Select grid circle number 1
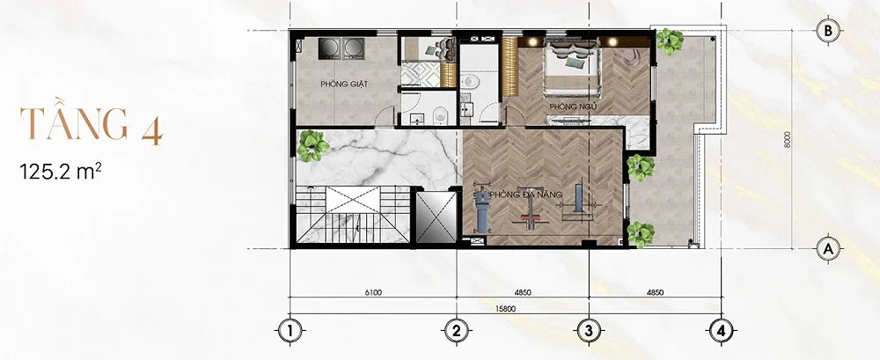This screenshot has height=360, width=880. pos(289,331)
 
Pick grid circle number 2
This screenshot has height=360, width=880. pos(456,331)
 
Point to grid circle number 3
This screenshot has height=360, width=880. pos(589,331)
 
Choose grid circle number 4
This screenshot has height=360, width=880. pos(722,331)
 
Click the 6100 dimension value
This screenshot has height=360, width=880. pos(373,292)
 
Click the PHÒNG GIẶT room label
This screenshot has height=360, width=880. pos(344,84)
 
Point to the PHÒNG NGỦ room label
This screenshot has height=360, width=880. pos(573,107)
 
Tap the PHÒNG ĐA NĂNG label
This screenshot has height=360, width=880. pos(526,195)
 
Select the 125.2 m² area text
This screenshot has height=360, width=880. pos(61,171)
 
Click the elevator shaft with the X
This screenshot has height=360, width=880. pos(436,217)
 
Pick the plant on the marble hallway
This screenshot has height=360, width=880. pos(312,145)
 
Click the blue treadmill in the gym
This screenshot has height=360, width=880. pos(481,212)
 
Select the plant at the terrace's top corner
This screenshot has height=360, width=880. pos(669,41)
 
